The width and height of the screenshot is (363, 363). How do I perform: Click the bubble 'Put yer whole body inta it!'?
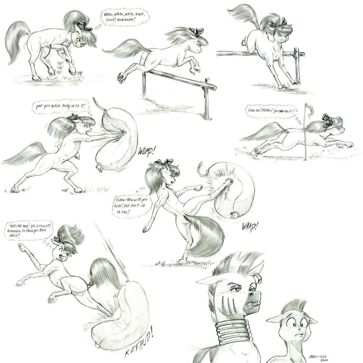(x=61, y=107)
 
